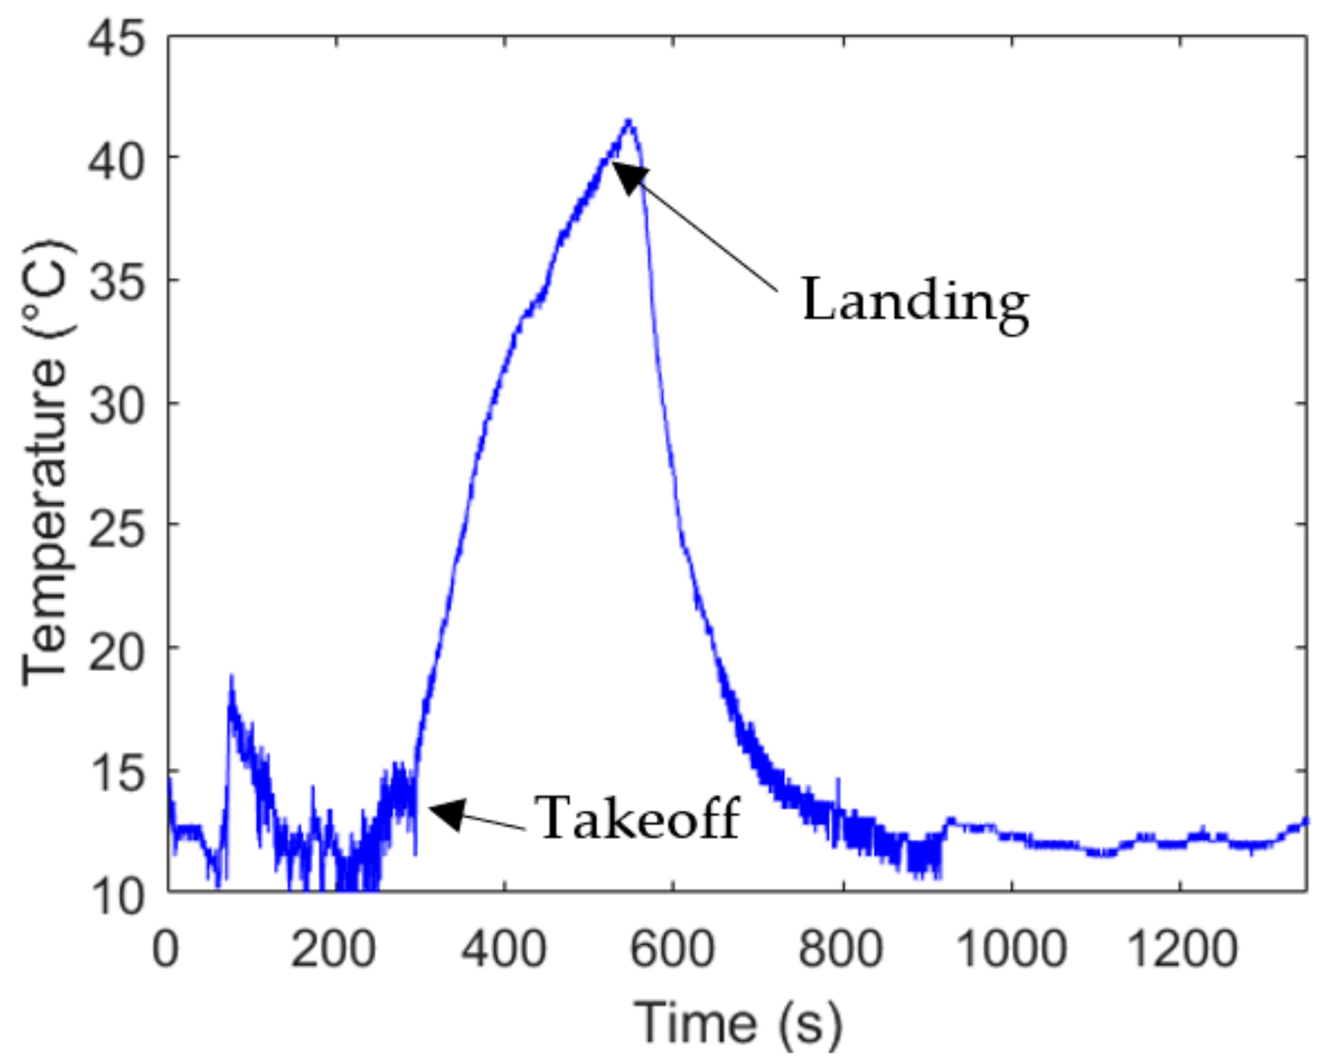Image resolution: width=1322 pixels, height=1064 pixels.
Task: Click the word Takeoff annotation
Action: pyautogui.click(x=639, y=817)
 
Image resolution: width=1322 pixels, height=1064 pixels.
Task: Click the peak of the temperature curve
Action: pyautogui.click(x=628, y=122)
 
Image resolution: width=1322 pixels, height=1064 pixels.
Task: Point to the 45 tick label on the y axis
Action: pyautogui.click(x=117, y=38)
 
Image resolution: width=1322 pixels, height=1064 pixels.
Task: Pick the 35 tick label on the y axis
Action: pyautogui.click(x=117, y=281)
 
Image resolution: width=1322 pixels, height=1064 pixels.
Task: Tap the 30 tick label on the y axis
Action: pyautogui.click(x=117, y=403)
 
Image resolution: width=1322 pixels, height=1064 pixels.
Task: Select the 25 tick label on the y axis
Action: pyautogui.click(x=117, y=525)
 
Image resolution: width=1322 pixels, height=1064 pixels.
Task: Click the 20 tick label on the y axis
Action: pyautogui.click(x=117, y=647)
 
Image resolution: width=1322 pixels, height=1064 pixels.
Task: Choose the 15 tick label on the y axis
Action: pyautogui.click(x=117, y=769)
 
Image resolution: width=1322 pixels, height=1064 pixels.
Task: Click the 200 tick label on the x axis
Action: pyautogui.click(x=334, y=950)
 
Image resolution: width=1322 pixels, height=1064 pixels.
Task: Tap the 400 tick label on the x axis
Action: pyautogui.click(x=504, y=950)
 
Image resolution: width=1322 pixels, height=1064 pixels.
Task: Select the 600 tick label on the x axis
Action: pyautogui.click(x=673, y=950)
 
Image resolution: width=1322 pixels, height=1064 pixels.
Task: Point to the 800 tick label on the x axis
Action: pyautogui.click(x=841, y=950)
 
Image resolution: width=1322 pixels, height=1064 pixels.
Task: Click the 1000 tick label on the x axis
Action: pyautogui.click(x=1010, y=950)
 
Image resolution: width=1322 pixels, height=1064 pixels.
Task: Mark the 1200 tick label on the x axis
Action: pyautogui.click(x=1179, y=950)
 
